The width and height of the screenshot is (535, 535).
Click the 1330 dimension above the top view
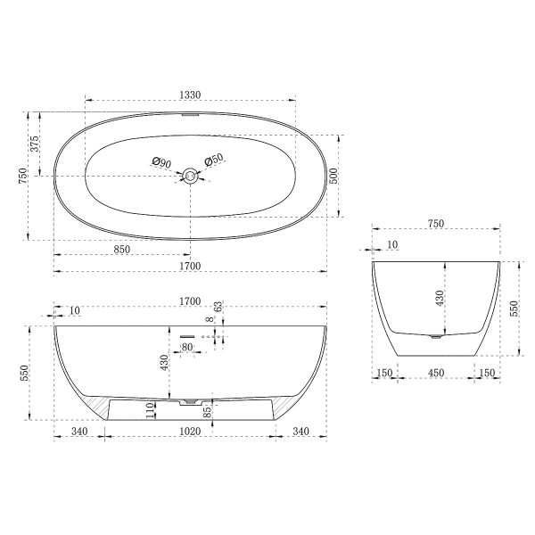click(189, 95)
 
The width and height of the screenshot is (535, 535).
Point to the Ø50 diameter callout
click(214, 160)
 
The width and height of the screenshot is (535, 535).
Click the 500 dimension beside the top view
click(333, 175)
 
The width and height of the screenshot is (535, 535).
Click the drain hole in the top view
click(189, 176)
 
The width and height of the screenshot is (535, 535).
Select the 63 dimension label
click(218, 308)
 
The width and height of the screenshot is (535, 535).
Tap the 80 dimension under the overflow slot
click(187, 347)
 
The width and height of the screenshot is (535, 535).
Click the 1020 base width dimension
click(189, 432)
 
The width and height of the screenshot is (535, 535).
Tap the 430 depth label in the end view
click(440, 299)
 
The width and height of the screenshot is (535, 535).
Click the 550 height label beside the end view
click(514, 308)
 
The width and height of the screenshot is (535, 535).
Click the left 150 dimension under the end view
click(384, 373)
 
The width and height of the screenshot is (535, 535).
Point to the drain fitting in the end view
click(434, 337)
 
